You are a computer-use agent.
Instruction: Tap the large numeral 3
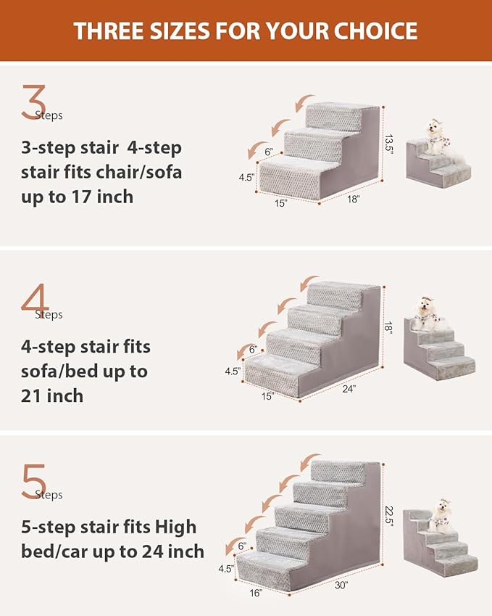click(33, 102)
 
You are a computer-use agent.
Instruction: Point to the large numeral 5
click(34, 481)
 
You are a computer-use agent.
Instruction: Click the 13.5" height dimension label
click(389, 138)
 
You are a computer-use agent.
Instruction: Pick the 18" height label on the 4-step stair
click(389, 328)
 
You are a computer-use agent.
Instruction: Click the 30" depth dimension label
click(341, 584)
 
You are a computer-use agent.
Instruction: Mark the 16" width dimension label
click(254, 593)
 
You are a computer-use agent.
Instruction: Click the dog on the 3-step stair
click(436, 137)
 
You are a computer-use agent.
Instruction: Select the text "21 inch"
click(51, 395)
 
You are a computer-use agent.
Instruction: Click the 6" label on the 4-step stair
click(253, 349)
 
